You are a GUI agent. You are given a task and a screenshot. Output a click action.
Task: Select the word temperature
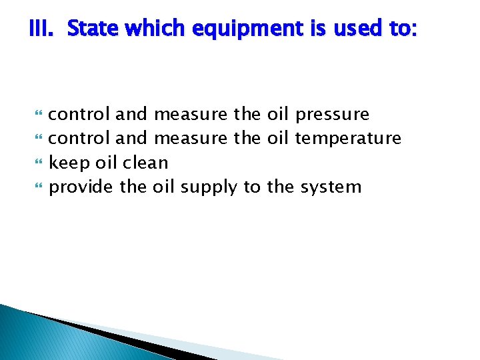click(348, 139)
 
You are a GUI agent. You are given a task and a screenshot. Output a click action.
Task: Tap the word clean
click(145, 163)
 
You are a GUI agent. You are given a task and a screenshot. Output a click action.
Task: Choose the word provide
click(82, 187)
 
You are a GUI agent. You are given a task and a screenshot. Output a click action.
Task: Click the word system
click(330, 187)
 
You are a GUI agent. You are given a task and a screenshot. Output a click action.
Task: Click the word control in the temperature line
click(79, 138)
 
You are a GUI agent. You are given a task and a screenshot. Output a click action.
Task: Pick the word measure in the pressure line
click(190, 115)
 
